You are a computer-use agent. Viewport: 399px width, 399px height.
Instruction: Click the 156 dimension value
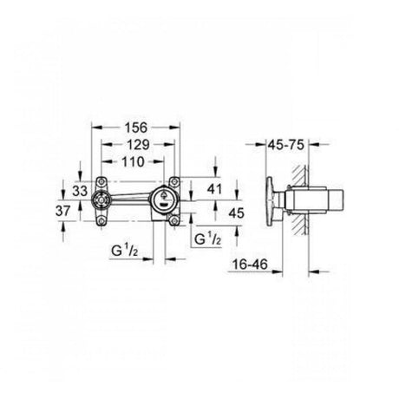[135, 128]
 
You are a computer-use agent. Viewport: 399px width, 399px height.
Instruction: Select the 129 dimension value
[138, 145]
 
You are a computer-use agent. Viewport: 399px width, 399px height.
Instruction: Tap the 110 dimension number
[133, 162]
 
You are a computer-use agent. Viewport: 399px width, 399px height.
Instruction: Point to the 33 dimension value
[80, 191]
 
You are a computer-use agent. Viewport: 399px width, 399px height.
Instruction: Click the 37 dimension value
[63, 211]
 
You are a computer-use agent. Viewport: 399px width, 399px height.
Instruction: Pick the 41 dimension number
[214, 189]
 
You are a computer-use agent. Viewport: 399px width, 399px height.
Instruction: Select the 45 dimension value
[236, 213]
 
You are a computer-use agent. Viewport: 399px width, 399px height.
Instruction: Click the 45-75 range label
[286, 145]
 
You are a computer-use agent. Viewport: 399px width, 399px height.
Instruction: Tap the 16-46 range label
[251, 265]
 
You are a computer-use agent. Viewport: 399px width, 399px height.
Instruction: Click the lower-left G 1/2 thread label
[125, 251]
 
